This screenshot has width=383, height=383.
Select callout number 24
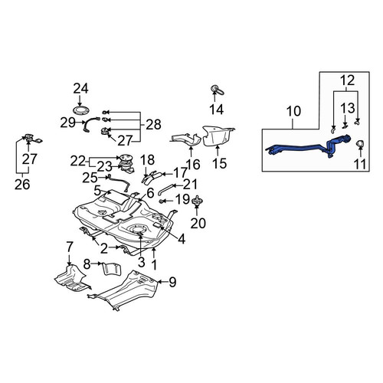coord(80,89)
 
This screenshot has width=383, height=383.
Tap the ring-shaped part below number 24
coord(81,110)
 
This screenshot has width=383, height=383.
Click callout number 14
coord(217,110)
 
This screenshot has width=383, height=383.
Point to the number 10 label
coord(293,111)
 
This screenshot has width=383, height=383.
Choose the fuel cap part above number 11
coord(360,143)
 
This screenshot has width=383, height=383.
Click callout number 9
coord(172,282)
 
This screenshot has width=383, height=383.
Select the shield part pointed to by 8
coord(112,269)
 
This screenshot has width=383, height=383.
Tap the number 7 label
coord(70,247)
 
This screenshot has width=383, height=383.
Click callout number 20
coord(198,224)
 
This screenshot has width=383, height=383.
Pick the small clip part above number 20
coord(198,201)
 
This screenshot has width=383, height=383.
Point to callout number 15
coord(219,163)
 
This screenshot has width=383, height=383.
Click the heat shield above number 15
coord(218,136)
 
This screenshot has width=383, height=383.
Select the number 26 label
coord(22,184)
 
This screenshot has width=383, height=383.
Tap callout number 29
coord(67,123)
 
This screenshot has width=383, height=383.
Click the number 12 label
coord(348,80)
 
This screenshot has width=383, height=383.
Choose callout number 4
coord(182,239)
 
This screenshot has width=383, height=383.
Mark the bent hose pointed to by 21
coord(166,189)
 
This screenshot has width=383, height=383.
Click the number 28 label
coord(153,125)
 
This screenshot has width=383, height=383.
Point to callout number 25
coord(90,178)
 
